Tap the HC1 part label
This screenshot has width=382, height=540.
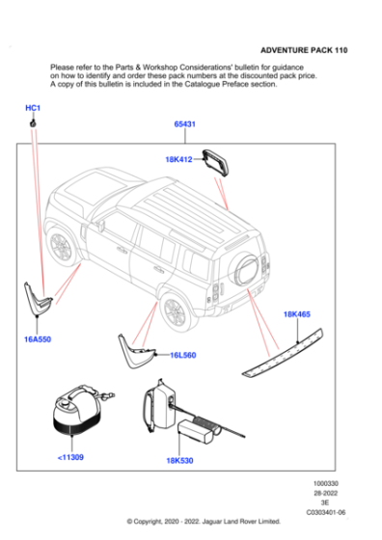tap(32, 108)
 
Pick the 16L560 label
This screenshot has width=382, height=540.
tap(182, 356)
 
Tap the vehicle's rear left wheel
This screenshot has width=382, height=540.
tap(175, 310)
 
